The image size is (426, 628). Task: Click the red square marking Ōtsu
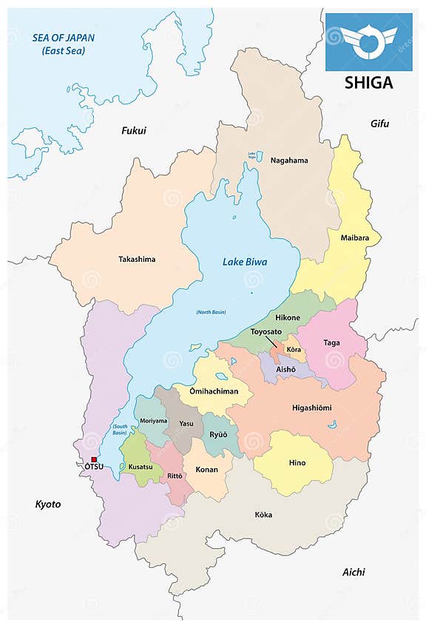coord(93,459)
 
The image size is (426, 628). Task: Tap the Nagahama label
coord(289,160)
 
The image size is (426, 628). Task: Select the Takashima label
coord(137,259)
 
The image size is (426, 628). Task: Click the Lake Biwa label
coord(245,262)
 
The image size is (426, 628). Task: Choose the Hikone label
coord(288,317)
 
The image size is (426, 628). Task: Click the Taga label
coord(332,342)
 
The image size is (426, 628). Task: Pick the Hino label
coord(297,463)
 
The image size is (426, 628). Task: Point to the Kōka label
coord(263,514)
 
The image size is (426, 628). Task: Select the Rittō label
coord(175,476)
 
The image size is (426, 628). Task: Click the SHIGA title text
coord(368,82)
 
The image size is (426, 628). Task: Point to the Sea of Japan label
coord(63,43)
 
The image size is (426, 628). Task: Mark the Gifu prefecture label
coord(379,123)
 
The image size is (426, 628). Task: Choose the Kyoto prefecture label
coord(48,504)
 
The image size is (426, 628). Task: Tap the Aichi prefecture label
coord(354,572)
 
